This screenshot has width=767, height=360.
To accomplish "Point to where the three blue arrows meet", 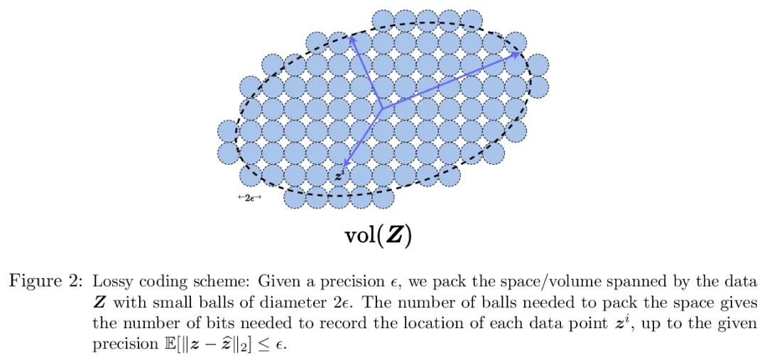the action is (382, 109).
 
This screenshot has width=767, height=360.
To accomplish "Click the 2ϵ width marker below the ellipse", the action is (249, 198).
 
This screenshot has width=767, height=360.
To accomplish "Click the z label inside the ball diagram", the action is (339, 175).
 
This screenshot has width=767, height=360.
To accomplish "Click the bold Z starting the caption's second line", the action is (99, 302).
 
